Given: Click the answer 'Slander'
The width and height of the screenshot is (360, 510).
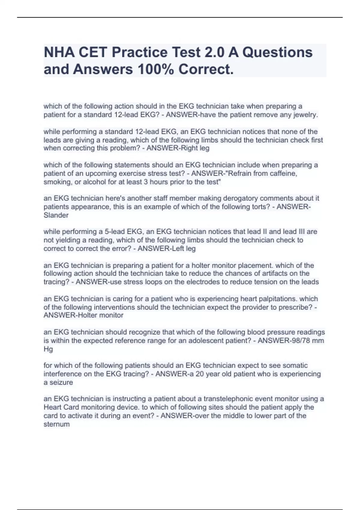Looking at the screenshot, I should coord(56,215).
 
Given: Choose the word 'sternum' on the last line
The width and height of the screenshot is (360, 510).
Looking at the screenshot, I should coord(56,424).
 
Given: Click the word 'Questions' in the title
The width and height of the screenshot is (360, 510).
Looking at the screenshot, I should coord(277,52).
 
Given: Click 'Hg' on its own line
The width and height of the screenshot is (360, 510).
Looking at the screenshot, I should coord(48,349).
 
